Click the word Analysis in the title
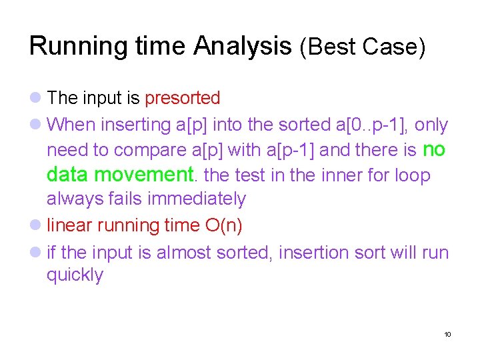[242, 46]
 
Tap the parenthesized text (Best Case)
[362, 47]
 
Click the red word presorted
[182, 98]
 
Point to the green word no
[434, 150]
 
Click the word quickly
[75, 275]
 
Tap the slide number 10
[447, 334]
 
